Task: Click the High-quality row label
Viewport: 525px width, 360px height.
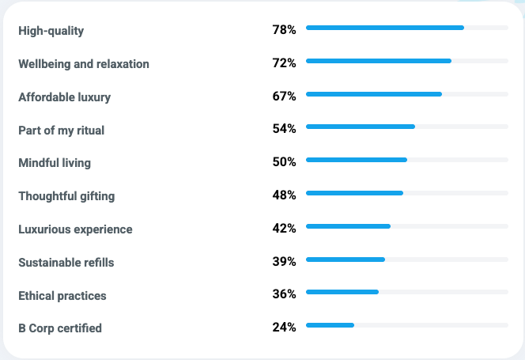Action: (x=51, y=31)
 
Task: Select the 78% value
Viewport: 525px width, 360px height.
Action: (x=284, y=29)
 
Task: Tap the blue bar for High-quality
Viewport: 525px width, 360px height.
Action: (x=385, y=28)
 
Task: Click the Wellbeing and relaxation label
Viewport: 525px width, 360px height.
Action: (x=84, y=64)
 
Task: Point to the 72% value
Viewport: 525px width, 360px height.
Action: (x=284, y=63)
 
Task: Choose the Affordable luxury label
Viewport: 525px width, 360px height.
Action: (x=65, y=97)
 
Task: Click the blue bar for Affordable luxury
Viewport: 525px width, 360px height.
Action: (x=374, y=94)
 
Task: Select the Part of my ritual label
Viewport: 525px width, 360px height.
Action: (x=62, y=131)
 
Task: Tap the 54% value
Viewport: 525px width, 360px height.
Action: (x=284, y=128)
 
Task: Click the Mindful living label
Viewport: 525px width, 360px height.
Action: (x=55, y=163)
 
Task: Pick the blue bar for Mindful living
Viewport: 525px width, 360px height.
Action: (x=357, y=160)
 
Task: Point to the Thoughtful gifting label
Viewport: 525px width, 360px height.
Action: (x=66, y=196)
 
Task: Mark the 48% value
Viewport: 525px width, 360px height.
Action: (x=284, y=195)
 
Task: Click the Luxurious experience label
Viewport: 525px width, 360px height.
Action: (x=76, y=229)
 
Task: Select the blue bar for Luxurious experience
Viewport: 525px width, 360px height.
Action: (x=349, y=226)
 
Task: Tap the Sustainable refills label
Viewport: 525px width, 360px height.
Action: (x=66, y=263)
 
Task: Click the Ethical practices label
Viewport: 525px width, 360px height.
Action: (x=62, y=296)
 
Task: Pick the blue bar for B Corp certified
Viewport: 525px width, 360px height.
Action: (x=330, y=325)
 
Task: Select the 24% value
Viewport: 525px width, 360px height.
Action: (x=284, y=327)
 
